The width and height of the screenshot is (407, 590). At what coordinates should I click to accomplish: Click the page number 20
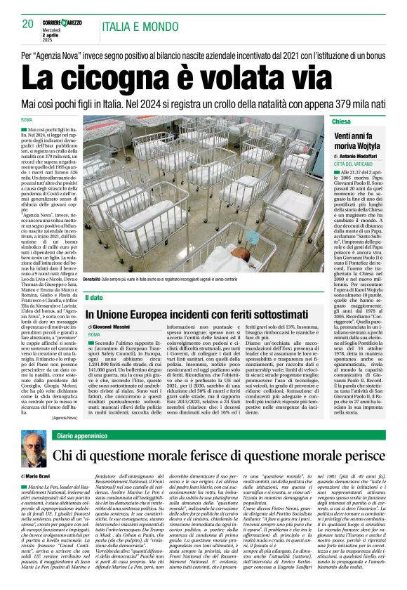[28, 24]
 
